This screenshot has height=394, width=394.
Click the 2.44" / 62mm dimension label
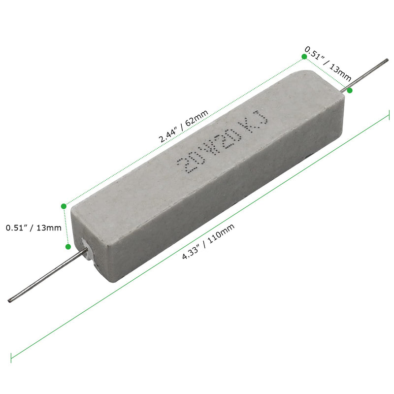[183, 126]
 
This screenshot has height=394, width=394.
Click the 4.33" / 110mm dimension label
[207, 242]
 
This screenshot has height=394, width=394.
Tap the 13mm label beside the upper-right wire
[328, 64]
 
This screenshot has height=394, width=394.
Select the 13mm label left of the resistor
[33, 228]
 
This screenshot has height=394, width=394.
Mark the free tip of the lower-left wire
[9, 300]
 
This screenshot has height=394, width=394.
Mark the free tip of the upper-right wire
[387, 61]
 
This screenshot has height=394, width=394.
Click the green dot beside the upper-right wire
[350, 91]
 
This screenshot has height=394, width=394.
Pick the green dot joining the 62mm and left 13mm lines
[63, 205]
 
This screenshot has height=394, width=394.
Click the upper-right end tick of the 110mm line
[389, 116]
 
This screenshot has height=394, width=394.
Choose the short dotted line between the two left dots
[66, 226]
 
